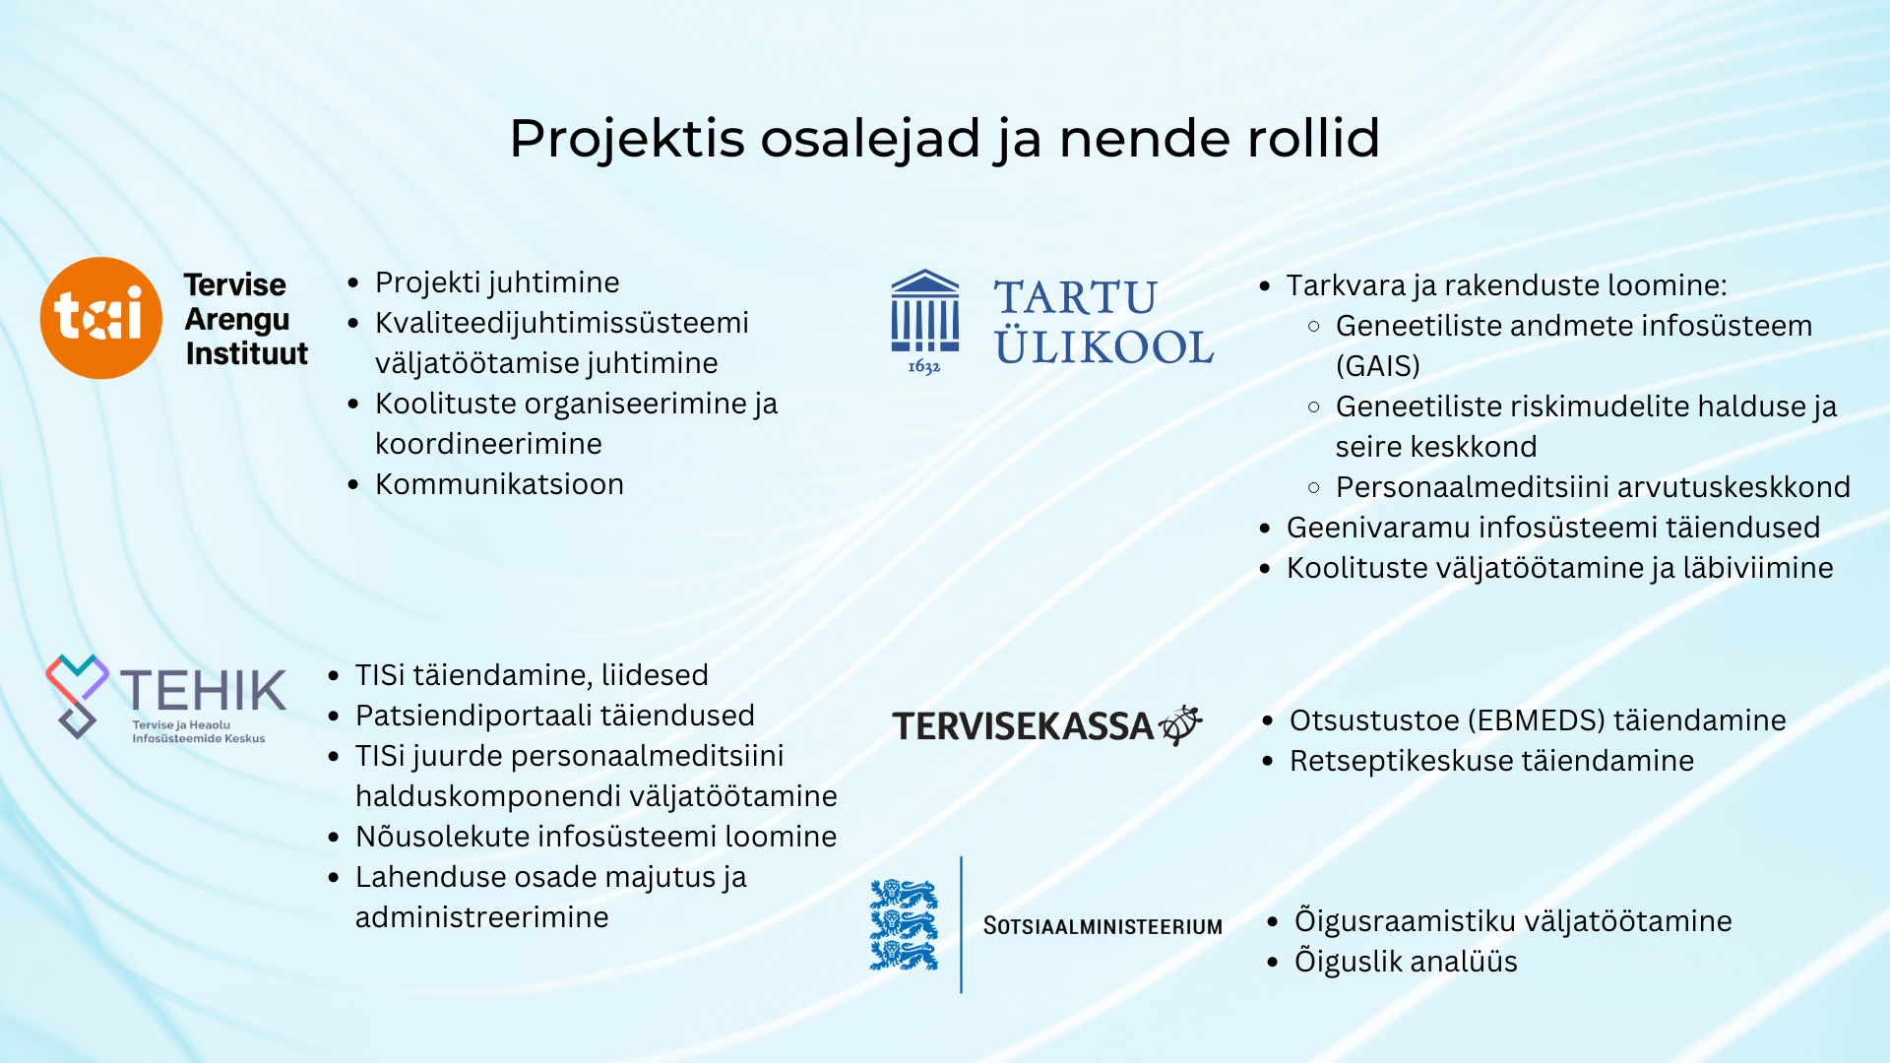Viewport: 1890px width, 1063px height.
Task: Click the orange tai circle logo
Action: coord(101,318)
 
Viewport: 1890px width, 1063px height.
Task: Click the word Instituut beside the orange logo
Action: coord(246,353)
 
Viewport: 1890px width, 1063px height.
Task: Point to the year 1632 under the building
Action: coord(923,367)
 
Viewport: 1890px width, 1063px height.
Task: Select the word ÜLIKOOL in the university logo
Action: coord(1103,347)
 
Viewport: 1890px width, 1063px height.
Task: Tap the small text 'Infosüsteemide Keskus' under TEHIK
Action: coord(198,739)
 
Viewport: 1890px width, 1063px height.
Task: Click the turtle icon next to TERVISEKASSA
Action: coord(1180,724)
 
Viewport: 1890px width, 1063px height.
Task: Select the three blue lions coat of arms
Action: coord(903,924)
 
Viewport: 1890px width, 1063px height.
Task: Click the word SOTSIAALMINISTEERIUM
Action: coord(1102,926)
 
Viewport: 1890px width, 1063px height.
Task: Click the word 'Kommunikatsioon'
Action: coord(499,484)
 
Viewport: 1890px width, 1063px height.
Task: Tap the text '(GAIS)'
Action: coord(1377,366)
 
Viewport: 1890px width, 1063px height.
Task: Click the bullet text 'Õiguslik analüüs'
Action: coord(1405,962)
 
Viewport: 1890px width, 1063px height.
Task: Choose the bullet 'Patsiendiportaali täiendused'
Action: coord(554,716)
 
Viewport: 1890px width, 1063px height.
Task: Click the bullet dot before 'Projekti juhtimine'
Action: coord(353,283)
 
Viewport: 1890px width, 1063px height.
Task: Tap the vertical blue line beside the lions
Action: coord(961,924)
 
